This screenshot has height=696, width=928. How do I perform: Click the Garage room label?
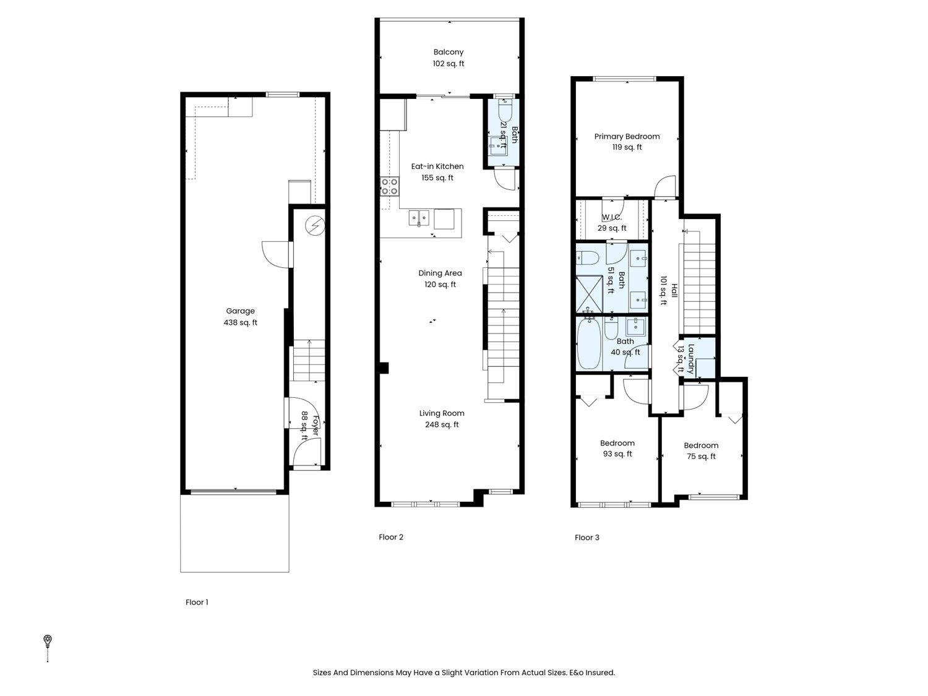[240, 311]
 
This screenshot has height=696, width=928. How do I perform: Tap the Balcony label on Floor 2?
[448, 53]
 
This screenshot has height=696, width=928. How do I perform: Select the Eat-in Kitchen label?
[437, 166]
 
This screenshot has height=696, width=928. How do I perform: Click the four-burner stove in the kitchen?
[389, 186]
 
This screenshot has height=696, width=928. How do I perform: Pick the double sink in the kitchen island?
[419, 218]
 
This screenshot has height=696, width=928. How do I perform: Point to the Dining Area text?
[440, 273]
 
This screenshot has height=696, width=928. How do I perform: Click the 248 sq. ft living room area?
[442, 424]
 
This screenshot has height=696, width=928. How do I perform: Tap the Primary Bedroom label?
[627, 137]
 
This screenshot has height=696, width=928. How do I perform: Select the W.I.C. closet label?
[612, 218]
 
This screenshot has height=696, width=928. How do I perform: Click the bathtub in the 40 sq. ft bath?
[588, 344]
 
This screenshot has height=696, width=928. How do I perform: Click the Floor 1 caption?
[197, 602]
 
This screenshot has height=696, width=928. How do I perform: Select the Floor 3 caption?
[586, 538]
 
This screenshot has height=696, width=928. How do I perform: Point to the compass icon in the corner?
[48, 640]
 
